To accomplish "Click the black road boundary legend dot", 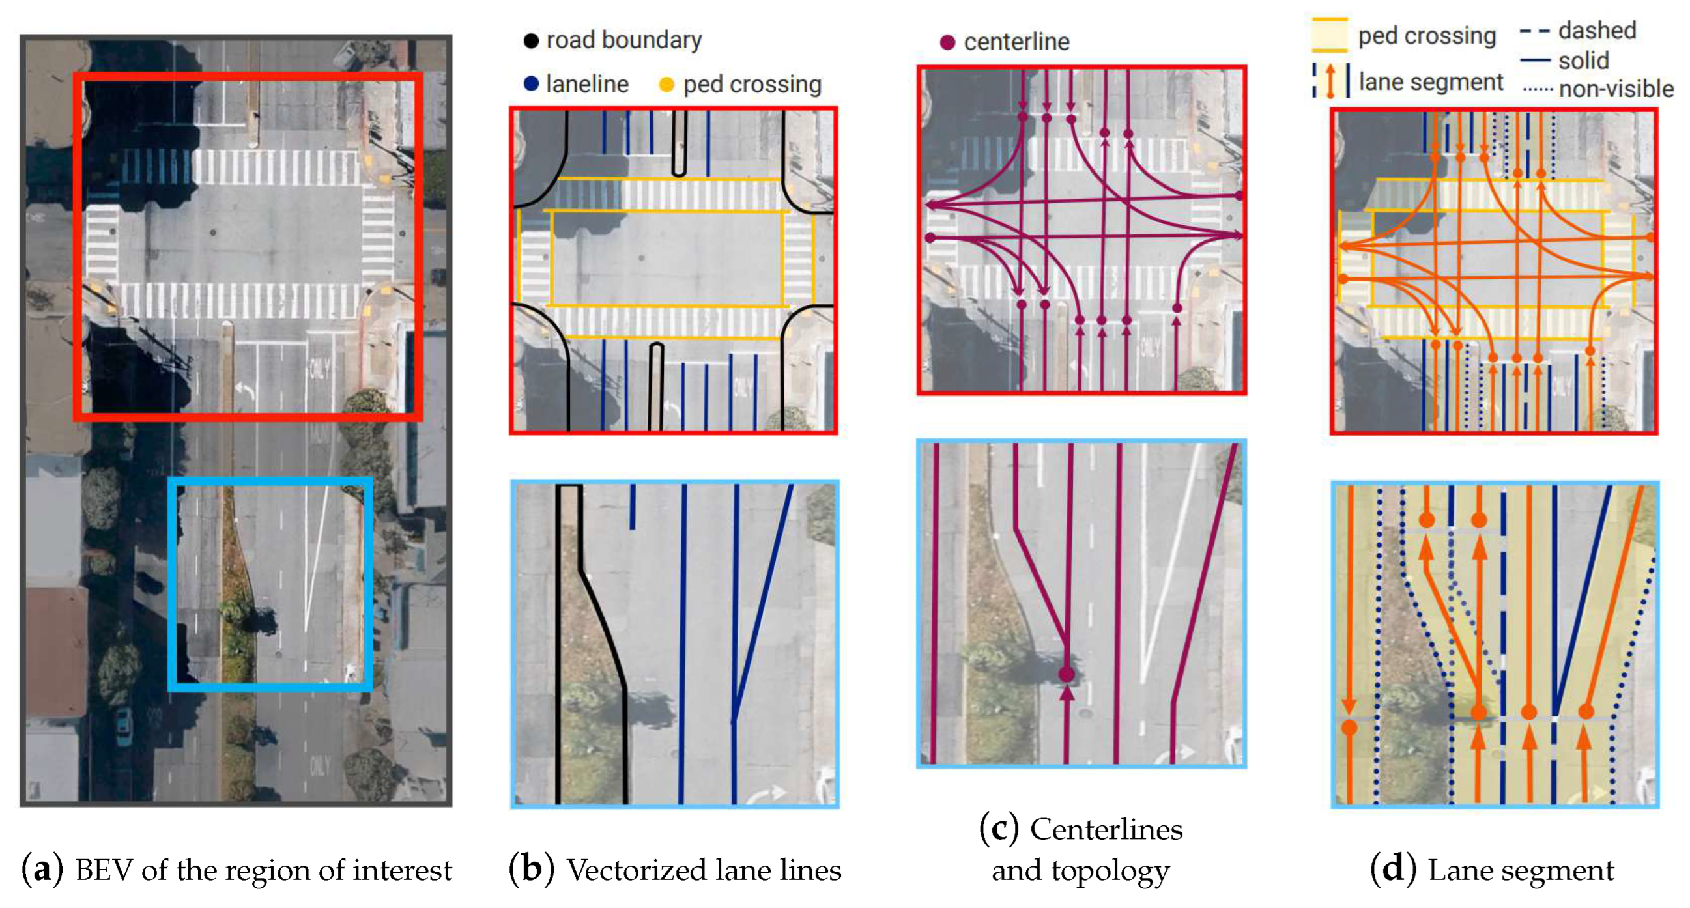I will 531,40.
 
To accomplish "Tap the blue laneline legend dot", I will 531,84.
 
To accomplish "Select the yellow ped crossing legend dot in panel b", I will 666,85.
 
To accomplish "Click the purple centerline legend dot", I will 947,42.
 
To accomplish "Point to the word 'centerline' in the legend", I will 1016,42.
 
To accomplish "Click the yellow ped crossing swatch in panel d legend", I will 1329,35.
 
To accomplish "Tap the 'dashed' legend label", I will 1597,30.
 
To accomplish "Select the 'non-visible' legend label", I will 1616,89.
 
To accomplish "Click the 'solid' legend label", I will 1584,61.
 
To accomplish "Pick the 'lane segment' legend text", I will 1431,82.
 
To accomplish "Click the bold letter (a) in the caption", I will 42,870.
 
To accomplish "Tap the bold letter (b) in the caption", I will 532,870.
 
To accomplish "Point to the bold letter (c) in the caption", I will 999,829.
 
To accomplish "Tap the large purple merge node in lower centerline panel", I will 1067,674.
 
